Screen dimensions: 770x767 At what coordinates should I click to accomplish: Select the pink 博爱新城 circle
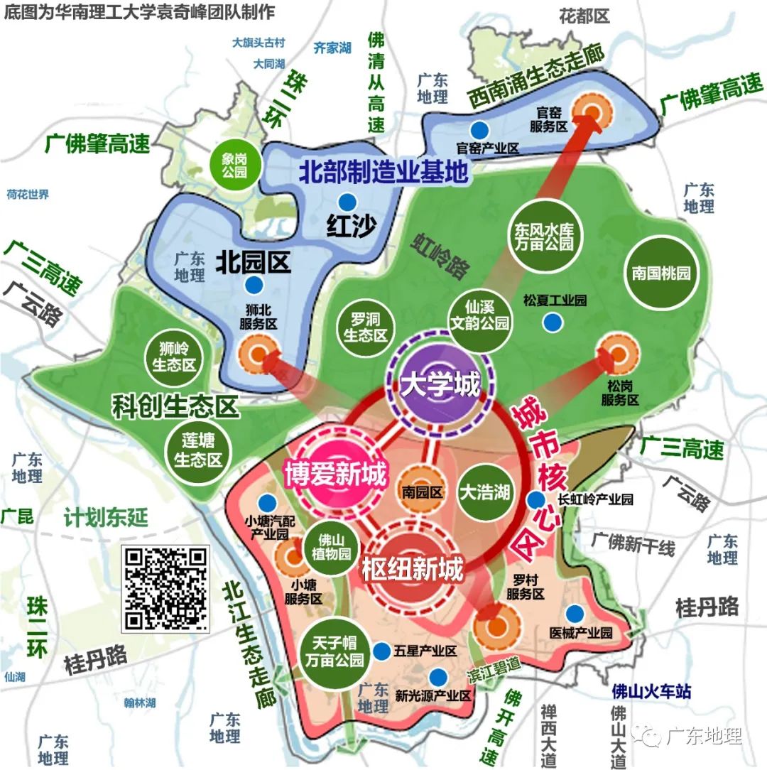[335, 472]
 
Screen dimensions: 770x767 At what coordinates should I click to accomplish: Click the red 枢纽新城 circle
[412, 568]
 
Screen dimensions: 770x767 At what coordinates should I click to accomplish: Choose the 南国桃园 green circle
[660, 273]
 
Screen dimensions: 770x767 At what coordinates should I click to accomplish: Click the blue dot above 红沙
[347, 201]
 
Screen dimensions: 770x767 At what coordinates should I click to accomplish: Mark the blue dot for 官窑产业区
[481, 130]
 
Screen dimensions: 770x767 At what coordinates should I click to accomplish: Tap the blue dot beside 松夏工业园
[550, 322]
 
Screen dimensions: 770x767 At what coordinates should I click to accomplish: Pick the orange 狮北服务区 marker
[258, 353]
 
